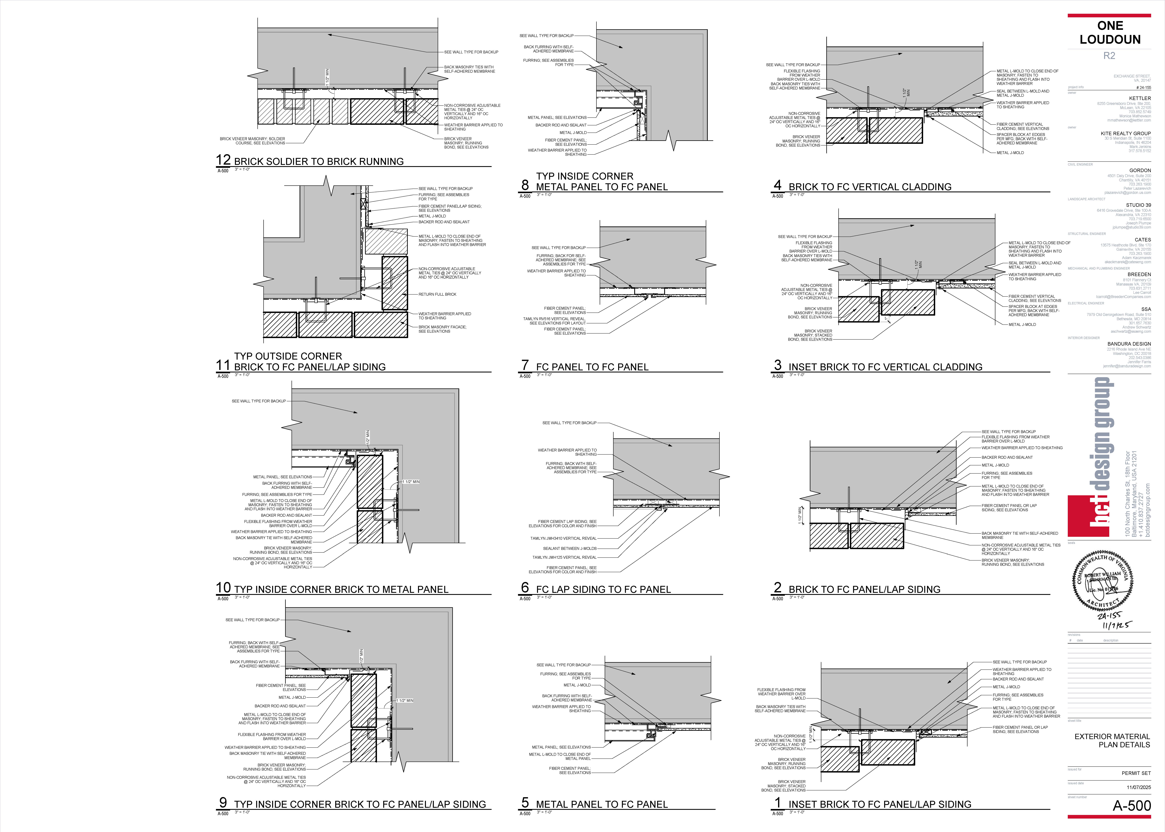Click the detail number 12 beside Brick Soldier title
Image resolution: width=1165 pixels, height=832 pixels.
[x=223, y=160]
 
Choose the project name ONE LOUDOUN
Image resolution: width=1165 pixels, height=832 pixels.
[x=1110, y=32]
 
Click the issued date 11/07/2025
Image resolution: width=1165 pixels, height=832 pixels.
[x=1138, y=787]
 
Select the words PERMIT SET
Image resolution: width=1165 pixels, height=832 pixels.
[x=1136, y=773]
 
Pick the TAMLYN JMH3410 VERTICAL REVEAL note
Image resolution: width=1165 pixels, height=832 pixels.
[x=563, y=538]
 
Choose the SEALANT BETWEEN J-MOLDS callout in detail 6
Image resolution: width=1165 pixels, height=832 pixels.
[x=569, y=548]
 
